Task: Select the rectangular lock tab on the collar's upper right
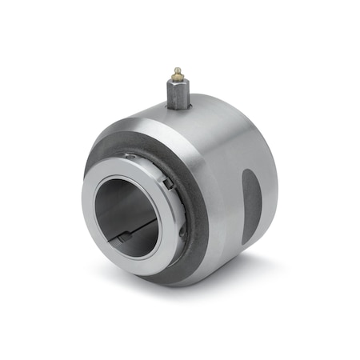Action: tap(167, 182)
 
